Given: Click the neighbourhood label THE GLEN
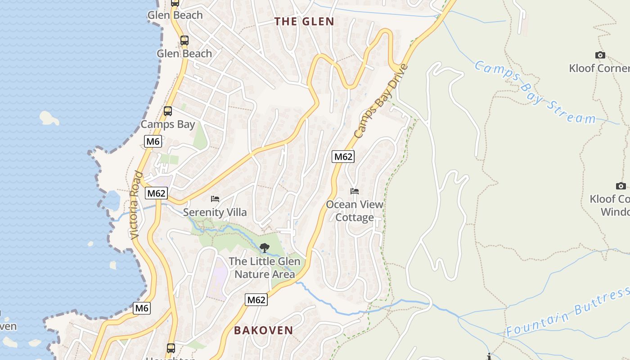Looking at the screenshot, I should [x=304, y=22].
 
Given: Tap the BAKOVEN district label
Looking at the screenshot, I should [x=263, y=330].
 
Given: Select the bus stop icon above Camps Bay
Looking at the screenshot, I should [x=168, y=111].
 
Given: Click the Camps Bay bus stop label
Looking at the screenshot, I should [x=168, y=125].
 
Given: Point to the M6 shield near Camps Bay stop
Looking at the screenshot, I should [x=153, y=141].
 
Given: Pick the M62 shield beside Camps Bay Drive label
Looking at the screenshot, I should [x=343, y=157].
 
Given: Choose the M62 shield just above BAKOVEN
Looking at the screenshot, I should [x=256, y=300].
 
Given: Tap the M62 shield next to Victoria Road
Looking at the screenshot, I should [x=156, y=193].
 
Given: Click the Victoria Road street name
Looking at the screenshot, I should [x=136, y=205].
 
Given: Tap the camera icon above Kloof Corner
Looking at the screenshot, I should [x=600, y=55].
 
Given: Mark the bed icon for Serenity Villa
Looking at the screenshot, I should [x=215, y=198].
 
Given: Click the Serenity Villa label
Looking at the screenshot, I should [x=215, y=212].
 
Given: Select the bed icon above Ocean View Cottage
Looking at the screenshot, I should [x=355, y=191].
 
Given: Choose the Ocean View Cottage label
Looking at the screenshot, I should [x=355, y=211].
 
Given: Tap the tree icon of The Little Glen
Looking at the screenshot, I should [x=265, y=247].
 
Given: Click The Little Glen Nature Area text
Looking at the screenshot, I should [x=265, y=268].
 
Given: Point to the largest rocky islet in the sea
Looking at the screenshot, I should [x=49, y=118].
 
